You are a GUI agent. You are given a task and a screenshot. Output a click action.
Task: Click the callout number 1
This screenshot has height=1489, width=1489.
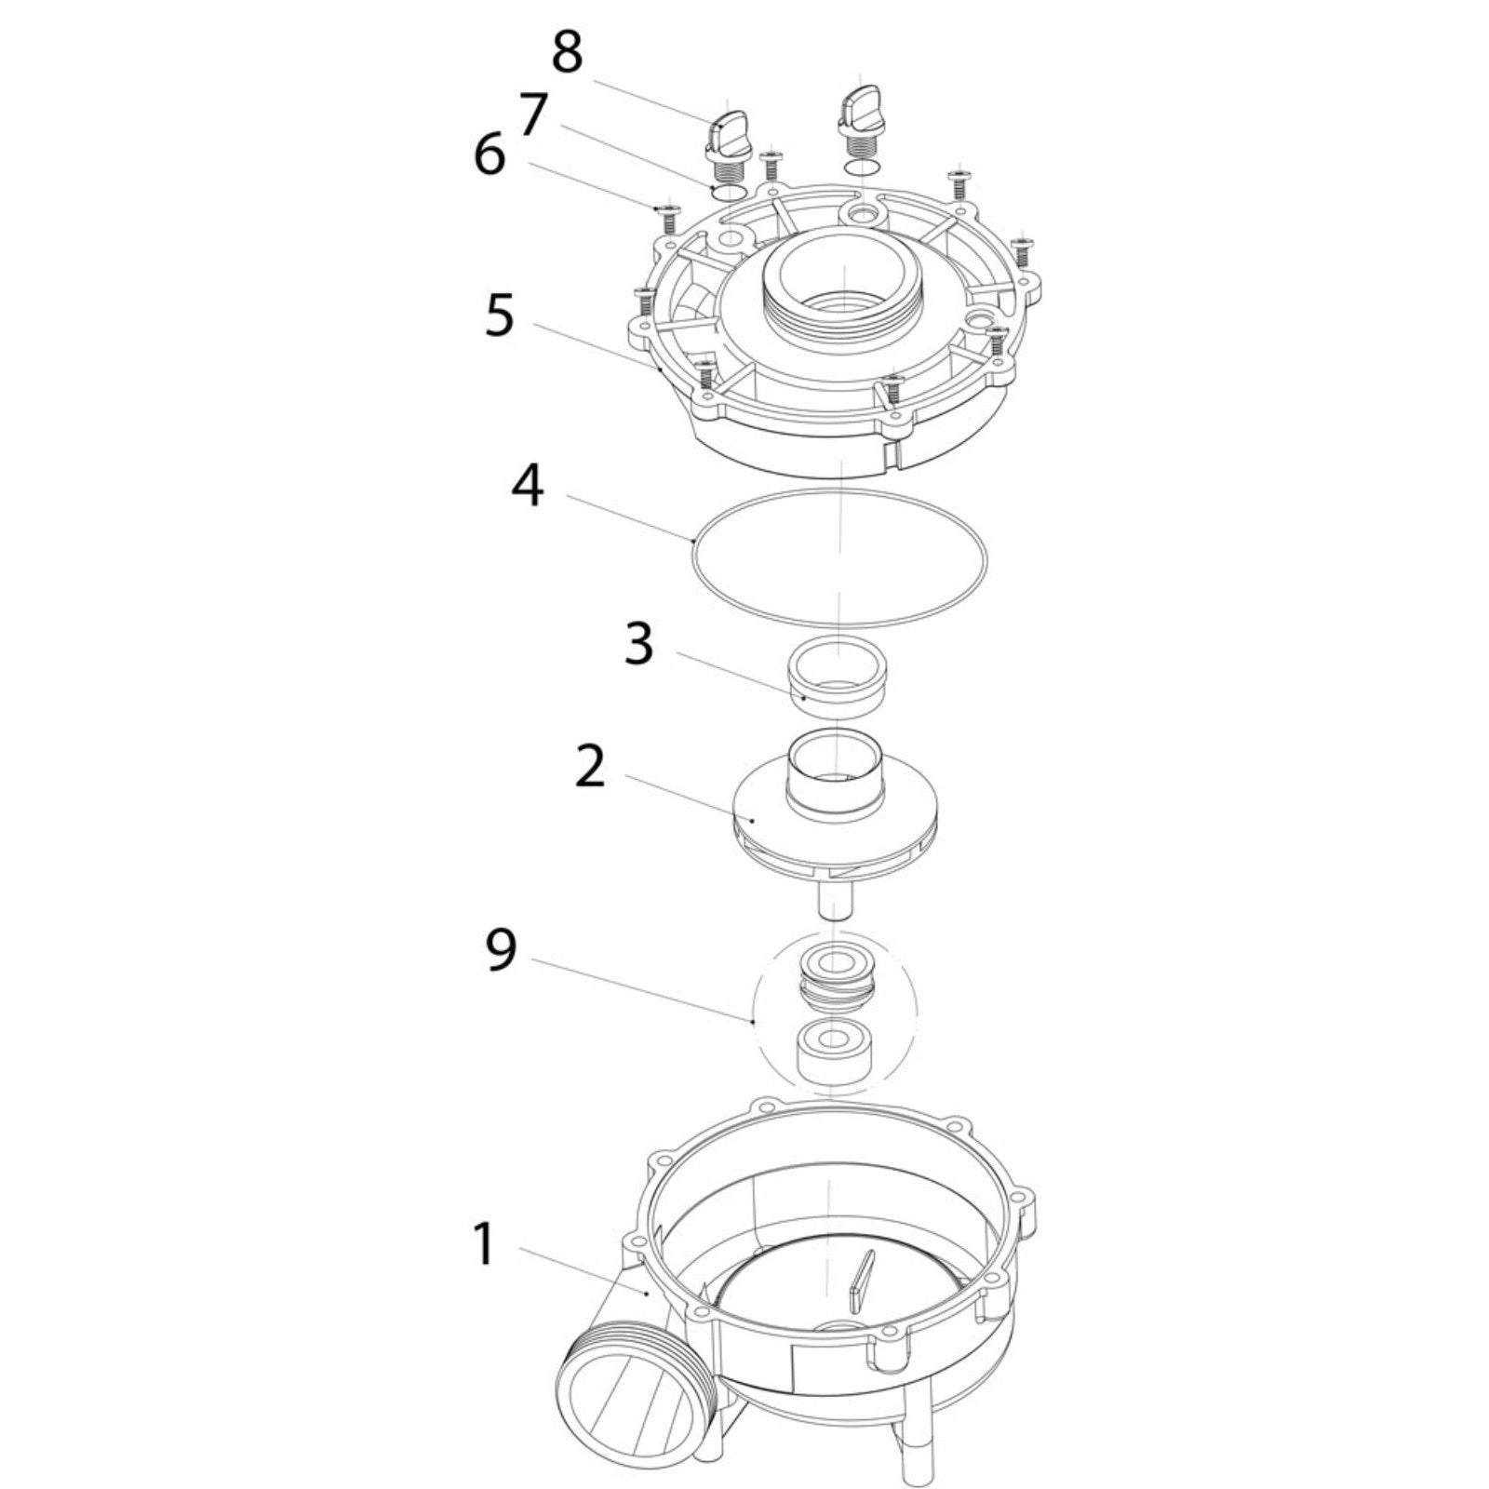point(484,1245)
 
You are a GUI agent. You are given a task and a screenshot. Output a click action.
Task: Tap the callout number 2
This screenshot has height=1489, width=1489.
point(590,767)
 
